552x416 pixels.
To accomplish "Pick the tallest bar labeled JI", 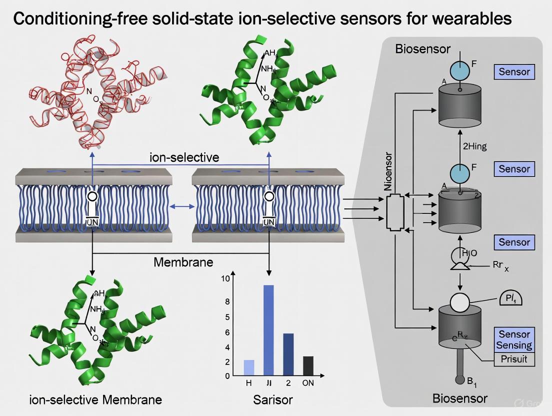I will [x=268, y=330].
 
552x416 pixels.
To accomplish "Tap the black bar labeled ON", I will [x=308, y=365].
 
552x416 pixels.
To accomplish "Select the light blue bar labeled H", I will [x=249, y=367].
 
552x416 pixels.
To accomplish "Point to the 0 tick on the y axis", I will [x=227, y=375].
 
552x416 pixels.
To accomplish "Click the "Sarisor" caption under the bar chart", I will [x=272, y=399].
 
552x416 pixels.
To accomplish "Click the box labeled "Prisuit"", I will [x=513, y=359].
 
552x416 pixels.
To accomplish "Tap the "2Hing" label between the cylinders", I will [x=474, y=146].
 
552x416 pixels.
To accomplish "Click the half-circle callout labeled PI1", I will [x=510, y=299].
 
